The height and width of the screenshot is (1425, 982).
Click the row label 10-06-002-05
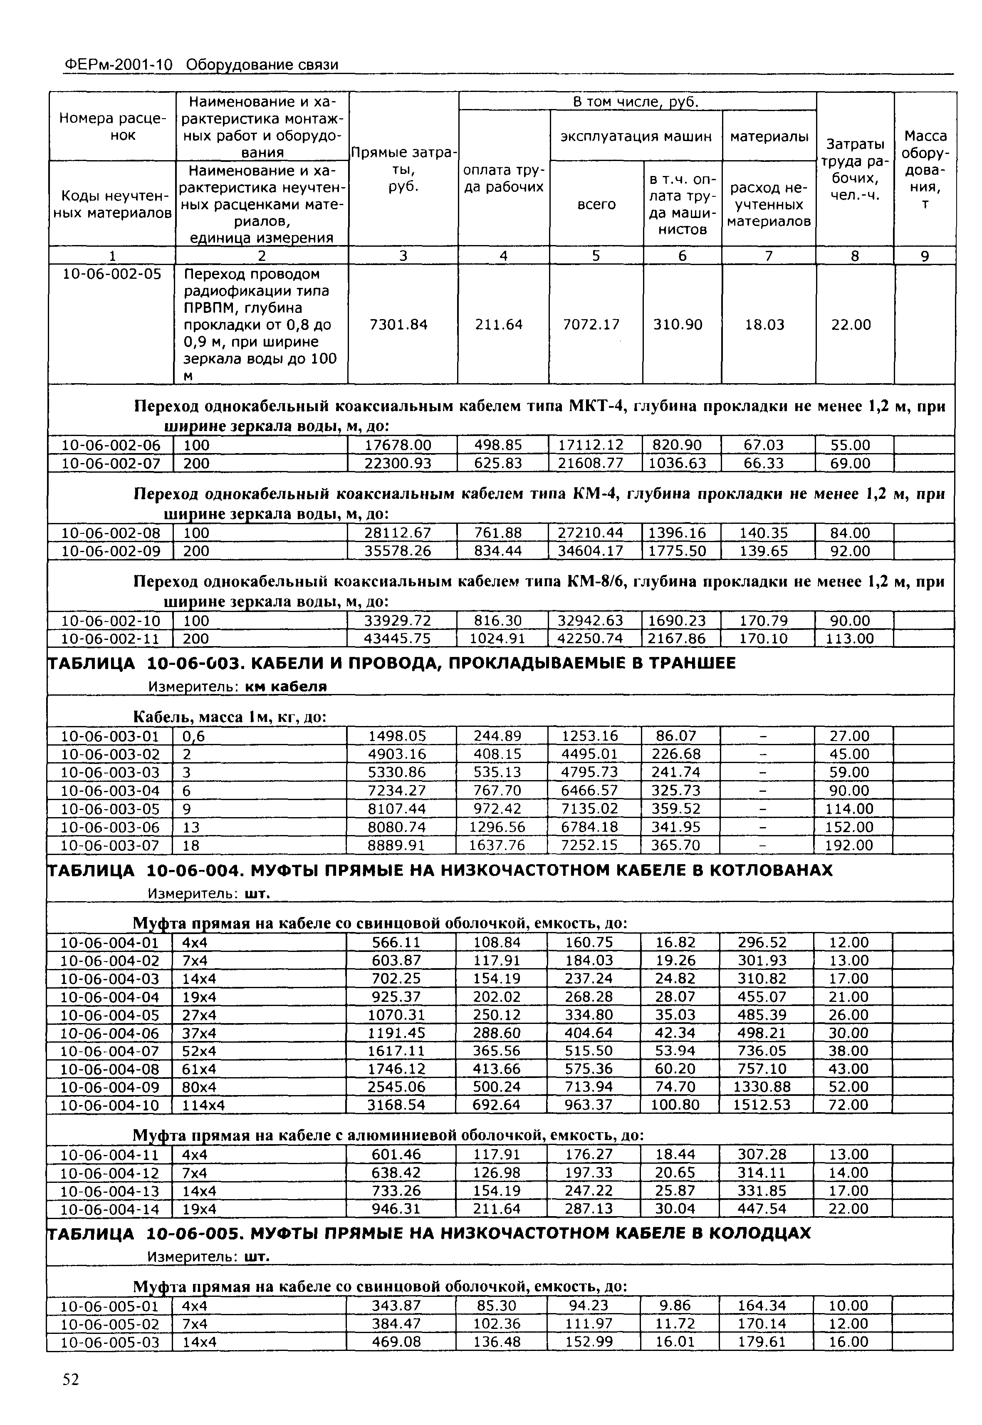tap(111, 274)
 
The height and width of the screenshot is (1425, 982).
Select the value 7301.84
tap(398, 325)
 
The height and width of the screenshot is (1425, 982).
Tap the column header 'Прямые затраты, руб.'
tap(403, 169)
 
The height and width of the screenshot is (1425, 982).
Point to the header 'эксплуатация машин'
tap(635, 136)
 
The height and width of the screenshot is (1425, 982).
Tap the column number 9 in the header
tap(924, 256)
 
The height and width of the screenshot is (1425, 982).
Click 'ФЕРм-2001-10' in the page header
tap(118, 65)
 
